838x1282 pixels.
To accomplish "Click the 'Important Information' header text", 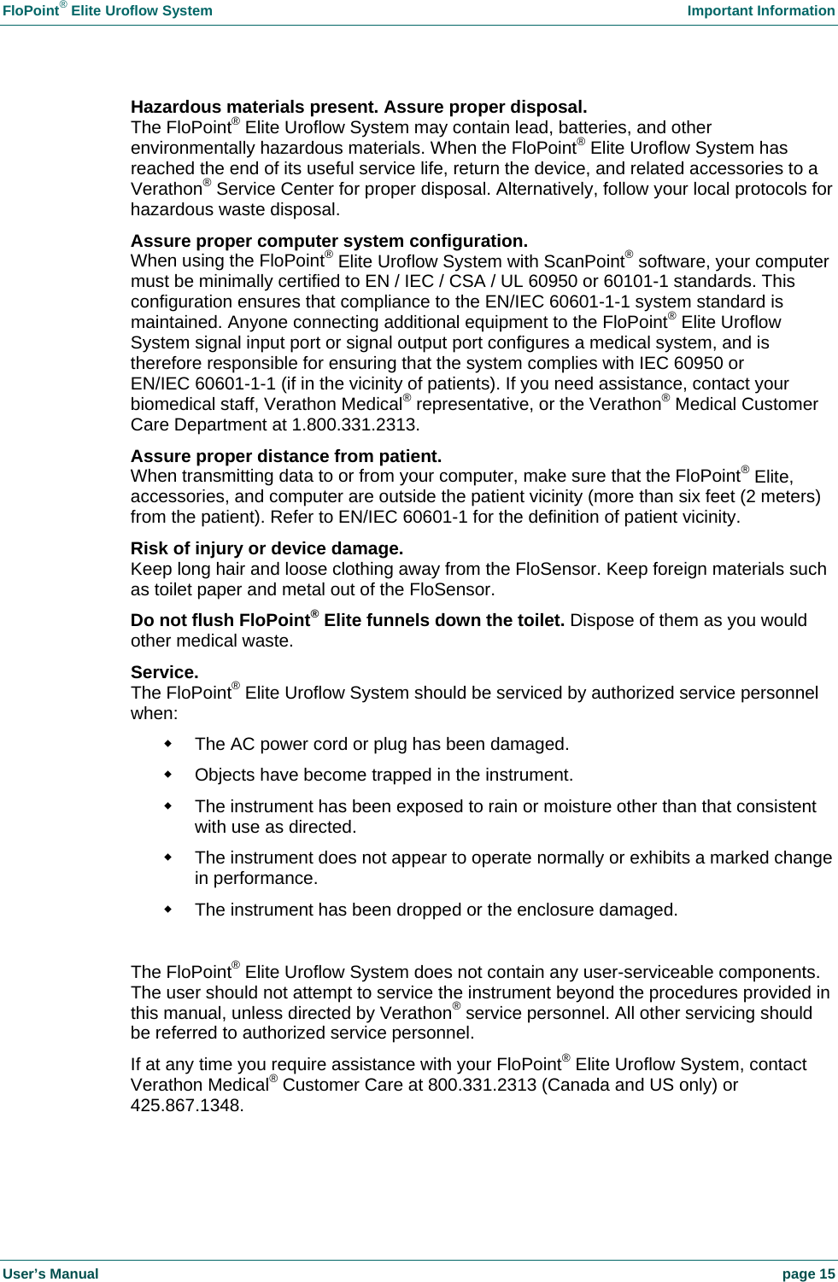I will click(760, 11).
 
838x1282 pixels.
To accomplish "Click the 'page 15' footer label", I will click(808, 1273).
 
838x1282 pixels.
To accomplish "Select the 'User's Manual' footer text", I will click(50, 1273).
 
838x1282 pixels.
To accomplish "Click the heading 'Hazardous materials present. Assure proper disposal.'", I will click(359, 107).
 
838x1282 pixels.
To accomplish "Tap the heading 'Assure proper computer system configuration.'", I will click(329, 241).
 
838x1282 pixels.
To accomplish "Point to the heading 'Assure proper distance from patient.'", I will click(286, 456).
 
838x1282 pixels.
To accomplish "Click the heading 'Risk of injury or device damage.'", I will click(267, 548).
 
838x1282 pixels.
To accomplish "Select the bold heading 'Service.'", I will click(164, 672).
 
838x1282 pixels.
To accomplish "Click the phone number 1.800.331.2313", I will click(355, 425).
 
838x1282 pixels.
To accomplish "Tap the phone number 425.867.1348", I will click(186, 1105).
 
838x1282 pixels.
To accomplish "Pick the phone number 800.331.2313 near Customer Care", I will click(482, 1085).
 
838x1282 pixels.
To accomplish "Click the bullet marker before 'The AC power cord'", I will click(168, 744).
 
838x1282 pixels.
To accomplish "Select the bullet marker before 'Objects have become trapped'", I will click(168, 775).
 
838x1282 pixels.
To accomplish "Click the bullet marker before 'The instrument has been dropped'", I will click(168, 910).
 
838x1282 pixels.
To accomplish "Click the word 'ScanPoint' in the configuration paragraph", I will click(583, 262).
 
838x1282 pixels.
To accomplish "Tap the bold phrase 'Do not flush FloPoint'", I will click(220, 621).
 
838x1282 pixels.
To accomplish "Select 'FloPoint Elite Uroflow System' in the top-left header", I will click(108, 11).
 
